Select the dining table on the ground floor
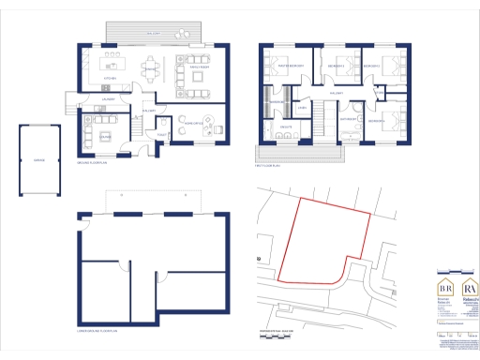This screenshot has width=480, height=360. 151,68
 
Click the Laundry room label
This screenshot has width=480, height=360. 109,97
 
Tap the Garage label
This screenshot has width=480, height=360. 38,160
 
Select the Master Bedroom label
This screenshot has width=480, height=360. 278,67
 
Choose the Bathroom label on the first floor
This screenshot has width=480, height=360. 346,119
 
